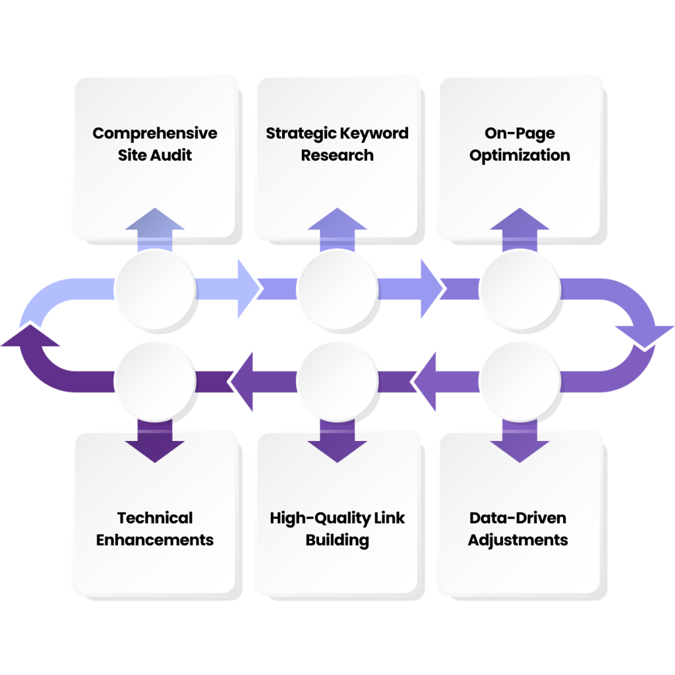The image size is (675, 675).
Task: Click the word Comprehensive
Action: click(x=154, y=133)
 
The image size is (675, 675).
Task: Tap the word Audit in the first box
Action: click(x=174, y=156)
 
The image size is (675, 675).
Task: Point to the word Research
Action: click(x=337, y=156)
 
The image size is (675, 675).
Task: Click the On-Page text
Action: click(x=519, y=133)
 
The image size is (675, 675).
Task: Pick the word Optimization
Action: click(x=519, y=156)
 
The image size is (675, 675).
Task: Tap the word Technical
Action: click(x=154, y=517)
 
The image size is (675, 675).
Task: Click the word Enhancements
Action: click(x=154, y=540)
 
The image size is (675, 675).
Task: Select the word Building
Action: click(x=337, y=541)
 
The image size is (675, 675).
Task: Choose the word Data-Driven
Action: click(x=519, y=517)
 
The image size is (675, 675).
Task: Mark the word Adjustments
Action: click(x=518, y=540)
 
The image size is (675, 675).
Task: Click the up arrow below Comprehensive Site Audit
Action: click(x=154, y=227)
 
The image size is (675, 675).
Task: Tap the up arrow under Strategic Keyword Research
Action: click(x=337, y=227)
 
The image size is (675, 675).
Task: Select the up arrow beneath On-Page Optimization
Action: click(x=519, y=227)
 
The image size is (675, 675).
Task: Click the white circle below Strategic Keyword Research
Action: click(x=337, y=288)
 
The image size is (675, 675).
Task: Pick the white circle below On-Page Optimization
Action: click(x=519, y=288)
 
